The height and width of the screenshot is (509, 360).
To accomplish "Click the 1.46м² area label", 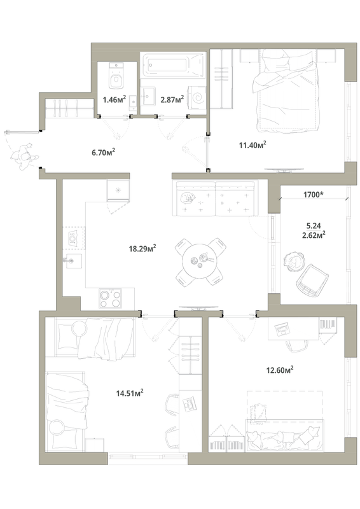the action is pos(114,99).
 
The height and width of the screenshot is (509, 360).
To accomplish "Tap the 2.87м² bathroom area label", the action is pos(172,99).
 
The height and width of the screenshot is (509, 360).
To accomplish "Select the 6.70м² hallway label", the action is pos(104,152).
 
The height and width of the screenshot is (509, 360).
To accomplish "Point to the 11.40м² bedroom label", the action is pos(253,144).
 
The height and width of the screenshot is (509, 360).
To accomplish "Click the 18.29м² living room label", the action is pos(142,249).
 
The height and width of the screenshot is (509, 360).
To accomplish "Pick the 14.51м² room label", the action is pos(130,393).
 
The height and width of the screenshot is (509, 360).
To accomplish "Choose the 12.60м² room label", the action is pos(280,370).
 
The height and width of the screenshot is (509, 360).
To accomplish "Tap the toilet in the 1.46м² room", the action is pos(116,76).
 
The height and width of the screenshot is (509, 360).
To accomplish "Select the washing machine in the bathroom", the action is pos(197,96).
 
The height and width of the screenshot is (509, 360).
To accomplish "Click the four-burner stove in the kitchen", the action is pos(111,298).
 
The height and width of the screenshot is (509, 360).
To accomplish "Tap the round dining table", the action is pos(199,261).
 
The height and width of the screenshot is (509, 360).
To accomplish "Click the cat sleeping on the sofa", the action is pos(186,197).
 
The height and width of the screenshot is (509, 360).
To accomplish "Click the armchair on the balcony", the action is pos(312,280).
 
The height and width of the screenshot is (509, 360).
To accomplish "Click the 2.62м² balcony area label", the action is pos(314,235).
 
